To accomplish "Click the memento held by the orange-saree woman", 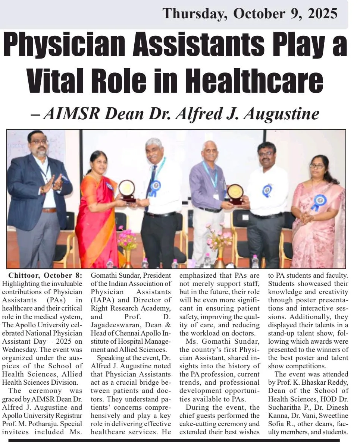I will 127,189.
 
